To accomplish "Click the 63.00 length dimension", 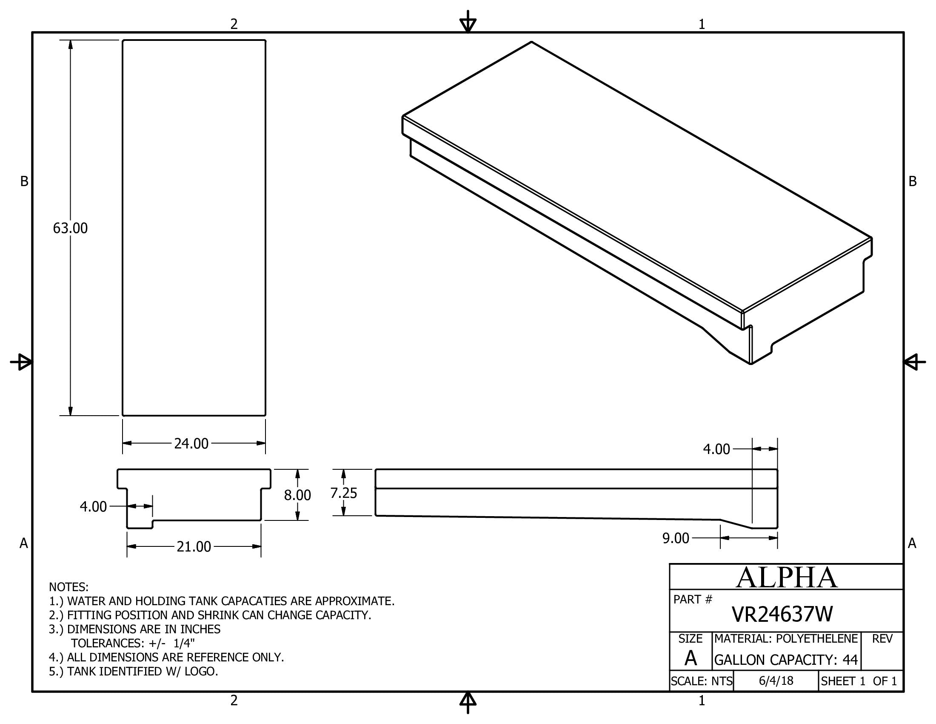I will point(70,228).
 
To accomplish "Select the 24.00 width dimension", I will point(191,443).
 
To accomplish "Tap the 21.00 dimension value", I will point(194,547).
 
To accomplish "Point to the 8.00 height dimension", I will point(297,495).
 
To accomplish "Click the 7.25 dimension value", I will point(344,493).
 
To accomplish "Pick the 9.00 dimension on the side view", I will point(676,538).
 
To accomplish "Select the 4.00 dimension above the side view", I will point(716,449).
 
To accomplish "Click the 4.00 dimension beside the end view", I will point(93,507).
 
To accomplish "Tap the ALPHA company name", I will point(786,578).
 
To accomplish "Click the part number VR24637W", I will point(782,614).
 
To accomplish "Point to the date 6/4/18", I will point(776,681).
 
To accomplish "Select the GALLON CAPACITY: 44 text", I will point(786,660).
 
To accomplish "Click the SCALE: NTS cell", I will point(702,681).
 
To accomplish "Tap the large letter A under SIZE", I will point(691,658).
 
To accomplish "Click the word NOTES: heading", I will point(68,587).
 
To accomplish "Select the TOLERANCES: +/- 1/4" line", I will point(133,643).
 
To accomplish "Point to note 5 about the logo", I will point(133,671).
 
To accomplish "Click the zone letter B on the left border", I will point(24,181).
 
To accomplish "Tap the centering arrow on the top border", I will point(468,22).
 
